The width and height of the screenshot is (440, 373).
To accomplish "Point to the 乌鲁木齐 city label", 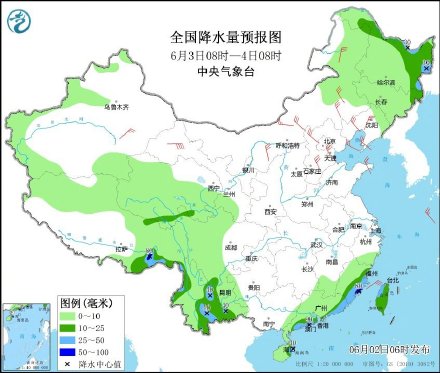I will pyautogui.click(x=118, y=105).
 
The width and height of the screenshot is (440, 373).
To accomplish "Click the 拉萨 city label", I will pyautogui.click(x=122, y=247).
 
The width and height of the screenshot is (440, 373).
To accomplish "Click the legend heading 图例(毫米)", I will pyautogui.click(x=85, y=302).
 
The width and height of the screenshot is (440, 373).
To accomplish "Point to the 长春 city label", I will pyautogui.click(x=380, y=101).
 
